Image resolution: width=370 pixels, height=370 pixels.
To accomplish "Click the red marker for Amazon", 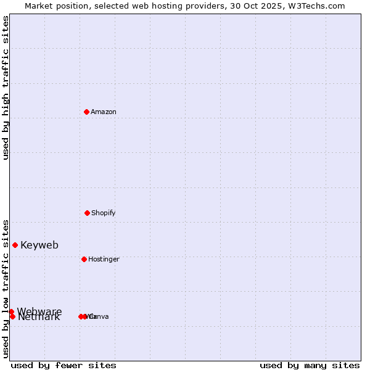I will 86,112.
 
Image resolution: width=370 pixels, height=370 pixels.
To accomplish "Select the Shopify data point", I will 87,213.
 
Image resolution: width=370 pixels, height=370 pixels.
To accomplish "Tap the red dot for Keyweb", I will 15,245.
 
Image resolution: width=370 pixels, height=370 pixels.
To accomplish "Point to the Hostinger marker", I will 84,259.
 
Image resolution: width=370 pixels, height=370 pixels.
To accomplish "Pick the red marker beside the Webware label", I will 11,311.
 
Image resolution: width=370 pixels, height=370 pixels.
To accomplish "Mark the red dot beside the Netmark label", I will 12,316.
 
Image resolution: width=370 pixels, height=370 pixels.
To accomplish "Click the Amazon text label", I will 104,112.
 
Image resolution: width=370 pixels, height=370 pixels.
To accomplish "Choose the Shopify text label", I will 104,213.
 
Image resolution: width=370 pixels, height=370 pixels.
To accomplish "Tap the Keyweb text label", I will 39,245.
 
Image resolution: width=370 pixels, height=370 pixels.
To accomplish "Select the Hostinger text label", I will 104,259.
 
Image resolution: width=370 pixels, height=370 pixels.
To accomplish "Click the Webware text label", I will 39,311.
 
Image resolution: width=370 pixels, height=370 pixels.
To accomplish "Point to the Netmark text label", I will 39,318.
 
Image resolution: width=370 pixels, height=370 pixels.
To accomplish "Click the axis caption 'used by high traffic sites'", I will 6,88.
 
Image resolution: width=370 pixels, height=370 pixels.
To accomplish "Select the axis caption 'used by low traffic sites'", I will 6,289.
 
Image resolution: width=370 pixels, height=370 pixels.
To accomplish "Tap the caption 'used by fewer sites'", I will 64,365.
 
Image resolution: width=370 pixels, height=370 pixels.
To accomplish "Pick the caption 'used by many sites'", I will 310,365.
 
